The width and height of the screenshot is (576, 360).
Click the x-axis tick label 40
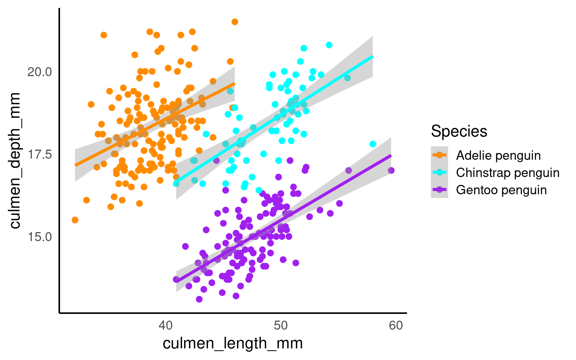165,325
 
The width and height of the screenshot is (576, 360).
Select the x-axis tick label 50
280,325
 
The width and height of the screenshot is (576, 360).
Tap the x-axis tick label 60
396,325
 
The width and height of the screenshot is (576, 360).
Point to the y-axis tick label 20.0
39,72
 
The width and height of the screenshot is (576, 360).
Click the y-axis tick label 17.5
39,154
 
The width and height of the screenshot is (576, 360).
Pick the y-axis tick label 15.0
39,237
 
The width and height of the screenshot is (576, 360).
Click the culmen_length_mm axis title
232,343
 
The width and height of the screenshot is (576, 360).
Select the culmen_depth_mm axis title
15,160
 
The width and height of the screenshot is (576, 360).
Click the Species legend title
459,131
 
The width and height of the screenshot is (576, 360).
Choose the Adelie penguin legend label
498,155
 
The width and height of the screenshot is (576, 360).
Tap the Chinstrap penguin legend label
508,172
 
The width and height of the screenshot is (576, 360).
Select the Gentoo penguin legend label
501,190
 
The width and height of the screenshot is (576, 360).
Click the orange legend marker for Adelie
439,155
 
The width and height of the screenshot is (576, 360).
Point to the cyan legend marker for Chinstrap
439,172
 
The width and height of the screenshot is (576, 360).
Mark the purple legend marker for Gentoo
439,190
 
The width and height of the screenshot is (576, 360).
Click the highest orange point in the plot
235,22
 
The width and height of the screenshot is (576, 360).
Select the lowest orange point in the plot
75,220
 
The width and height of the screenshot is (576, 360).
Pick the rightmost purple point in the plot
391,171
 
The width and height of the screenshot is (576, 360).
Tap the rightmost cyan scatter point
373,144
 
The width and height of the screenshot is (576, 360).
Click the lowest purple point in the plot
199,299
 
